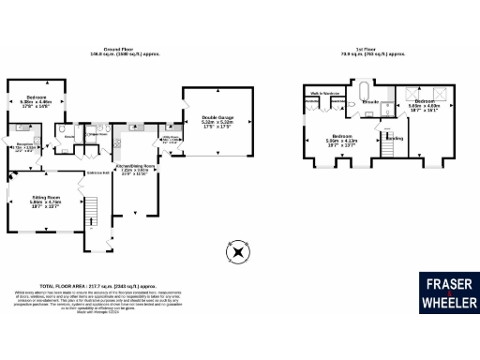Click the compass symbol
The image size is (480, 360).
237,251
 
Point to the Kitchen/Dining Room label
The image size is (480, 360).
135,170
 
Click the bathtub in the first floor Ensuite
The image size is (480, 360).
364,92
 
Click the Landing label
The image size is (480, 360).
397,138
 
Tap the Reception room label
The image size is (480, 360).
25,146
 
